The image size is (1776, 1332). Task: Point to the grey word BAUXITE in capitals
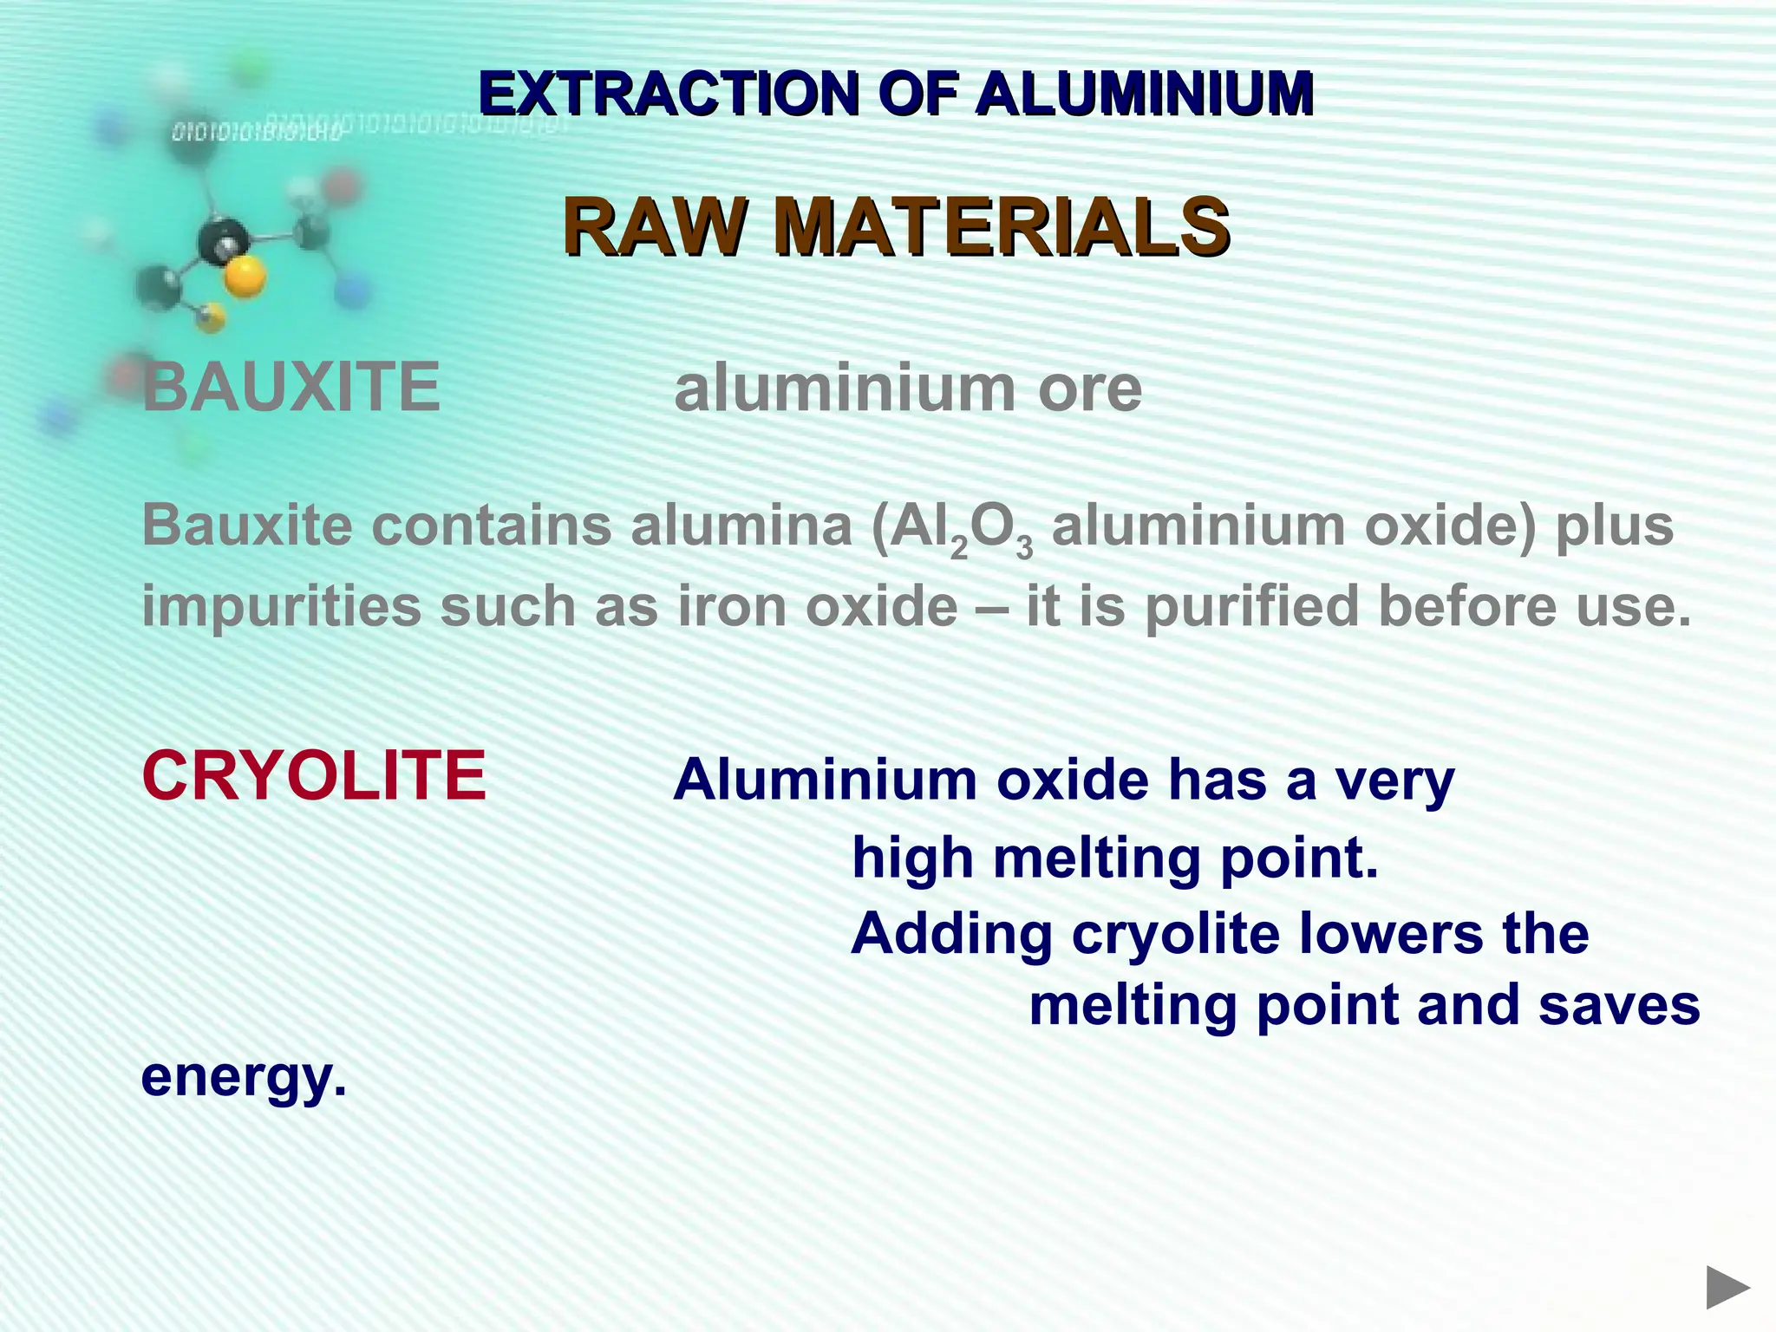click(x=291, y=387)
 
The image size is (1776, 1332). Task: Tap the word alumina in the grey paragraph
click(x=741, y=526)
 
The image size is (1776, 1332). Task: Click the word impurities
click(x=281, y=606)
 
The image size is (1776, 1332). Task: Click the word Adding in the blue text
click(x=950, y=936)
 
